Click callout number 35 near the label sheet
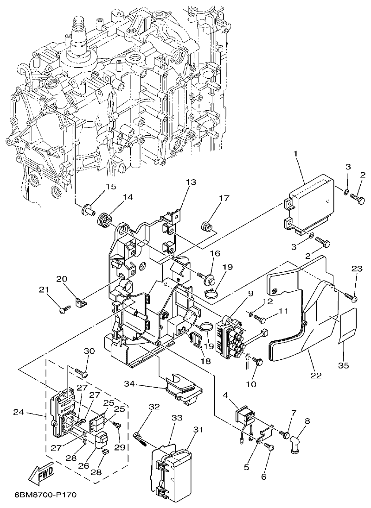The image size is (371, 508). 343,365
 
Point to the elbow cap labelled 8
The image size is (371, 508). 296,443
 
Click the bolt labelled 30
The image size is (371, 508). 82,372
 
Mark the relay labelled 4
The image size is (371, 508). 245,415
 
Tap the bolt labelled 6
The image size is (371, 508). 270,447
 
